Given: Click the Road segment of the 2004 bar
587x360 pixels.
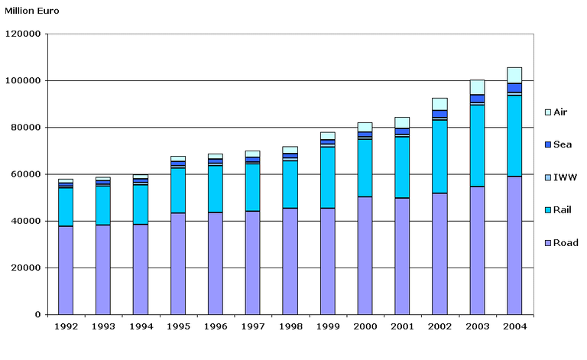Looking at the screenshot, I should [x=514, y=245].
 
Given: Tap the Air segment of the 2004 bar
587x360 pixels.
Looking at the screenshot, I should [x=514, y=75].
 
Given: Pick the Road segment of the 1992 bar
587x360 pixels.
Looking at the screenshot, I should [x=66, y=270].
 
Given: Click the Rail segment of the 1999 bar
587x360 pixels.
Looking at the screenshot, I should [x=327, y=177].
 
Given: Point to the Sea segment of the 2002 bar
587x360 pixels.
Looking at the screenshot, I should [x=439, y=113].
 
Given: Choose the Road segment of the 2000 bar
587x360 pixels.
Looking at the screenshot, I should [x=365, y=255].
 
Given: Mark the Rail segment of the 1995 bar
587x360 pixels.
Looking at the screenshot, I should [x=178, y=190].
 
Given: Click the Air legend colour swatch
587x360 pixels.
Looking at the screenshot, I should [x=546, y=112].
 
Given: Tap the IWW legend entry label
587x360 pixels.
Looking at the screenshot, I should [x=566, y=177].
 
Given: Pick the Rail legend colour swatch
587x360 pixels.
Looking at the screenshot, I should [x=546, y=210].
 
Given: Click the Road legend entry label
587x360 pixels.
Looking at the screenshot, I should [x=566, y=243].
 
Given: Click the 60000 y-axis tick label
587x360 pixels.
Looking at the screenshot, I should [x=25, y=174].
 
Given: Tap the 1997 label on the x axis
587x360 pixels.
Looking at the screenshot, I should [x=252, y=327].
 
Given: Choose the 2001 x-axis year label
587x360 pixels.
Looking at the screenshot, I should [x=402, y=327].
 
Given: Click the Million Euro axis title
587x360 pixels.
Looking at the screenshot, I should [x=32, y=11].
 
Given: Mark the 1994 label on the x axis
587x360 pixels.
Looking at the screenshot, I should [x=141, y=327].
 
